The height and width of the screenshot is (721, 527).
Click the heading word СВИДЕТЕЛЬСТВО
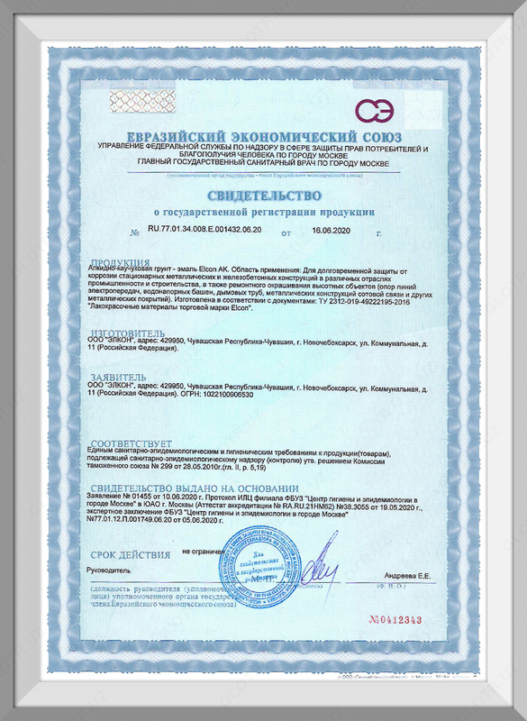[263, 196]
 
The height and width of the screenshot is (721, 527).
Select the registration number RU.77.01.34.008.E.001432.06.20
[204, 231]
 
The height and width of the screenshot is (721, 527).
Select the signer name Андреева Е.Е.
[410, 574]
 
